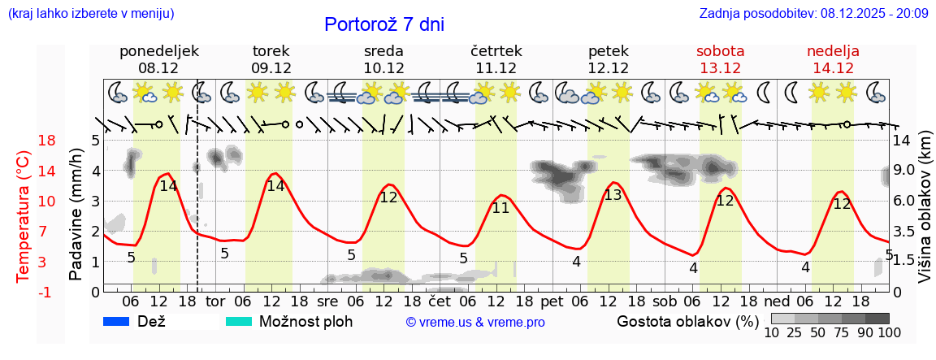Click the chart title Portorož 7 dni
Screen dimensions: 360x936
[x=384, y=24]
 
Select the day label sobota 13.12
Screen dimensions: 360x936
[x=720, y=59]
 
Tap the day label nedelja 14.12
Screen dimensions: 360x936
[x=833, y=59]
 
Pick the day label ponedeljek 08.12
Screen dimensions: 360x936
[x=159, y=59]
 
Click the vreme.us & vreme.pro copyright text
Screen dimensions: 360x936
[x=475, y=322]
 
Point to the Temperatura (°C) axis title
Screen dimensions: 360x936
[x=24, y=216]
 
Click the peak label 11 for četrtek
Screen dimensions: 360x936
[x=500, y=207]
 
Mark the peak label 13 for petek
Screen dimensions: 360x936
[x=613, y=195]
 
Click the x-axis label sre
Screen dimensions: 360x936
[x=327, y=301]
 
